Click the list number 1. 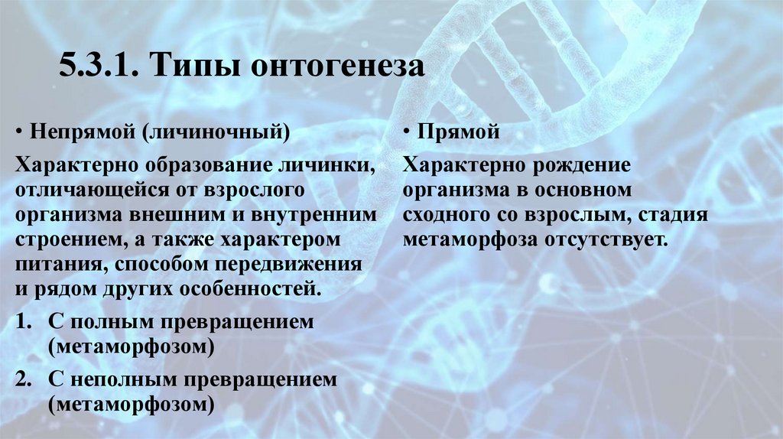pyautogui.click(x=23, y=322)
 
